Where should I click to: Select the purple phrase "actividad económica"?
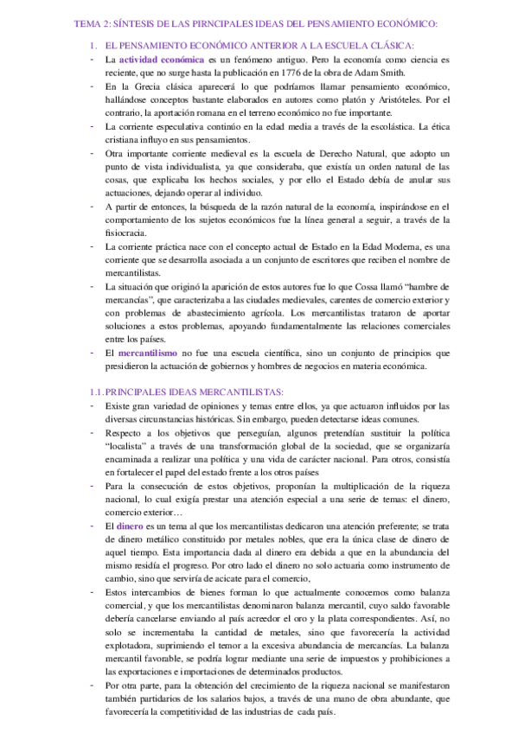[x=162, y=60]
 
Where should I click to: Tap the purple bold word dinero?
[x=130, y=526]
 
